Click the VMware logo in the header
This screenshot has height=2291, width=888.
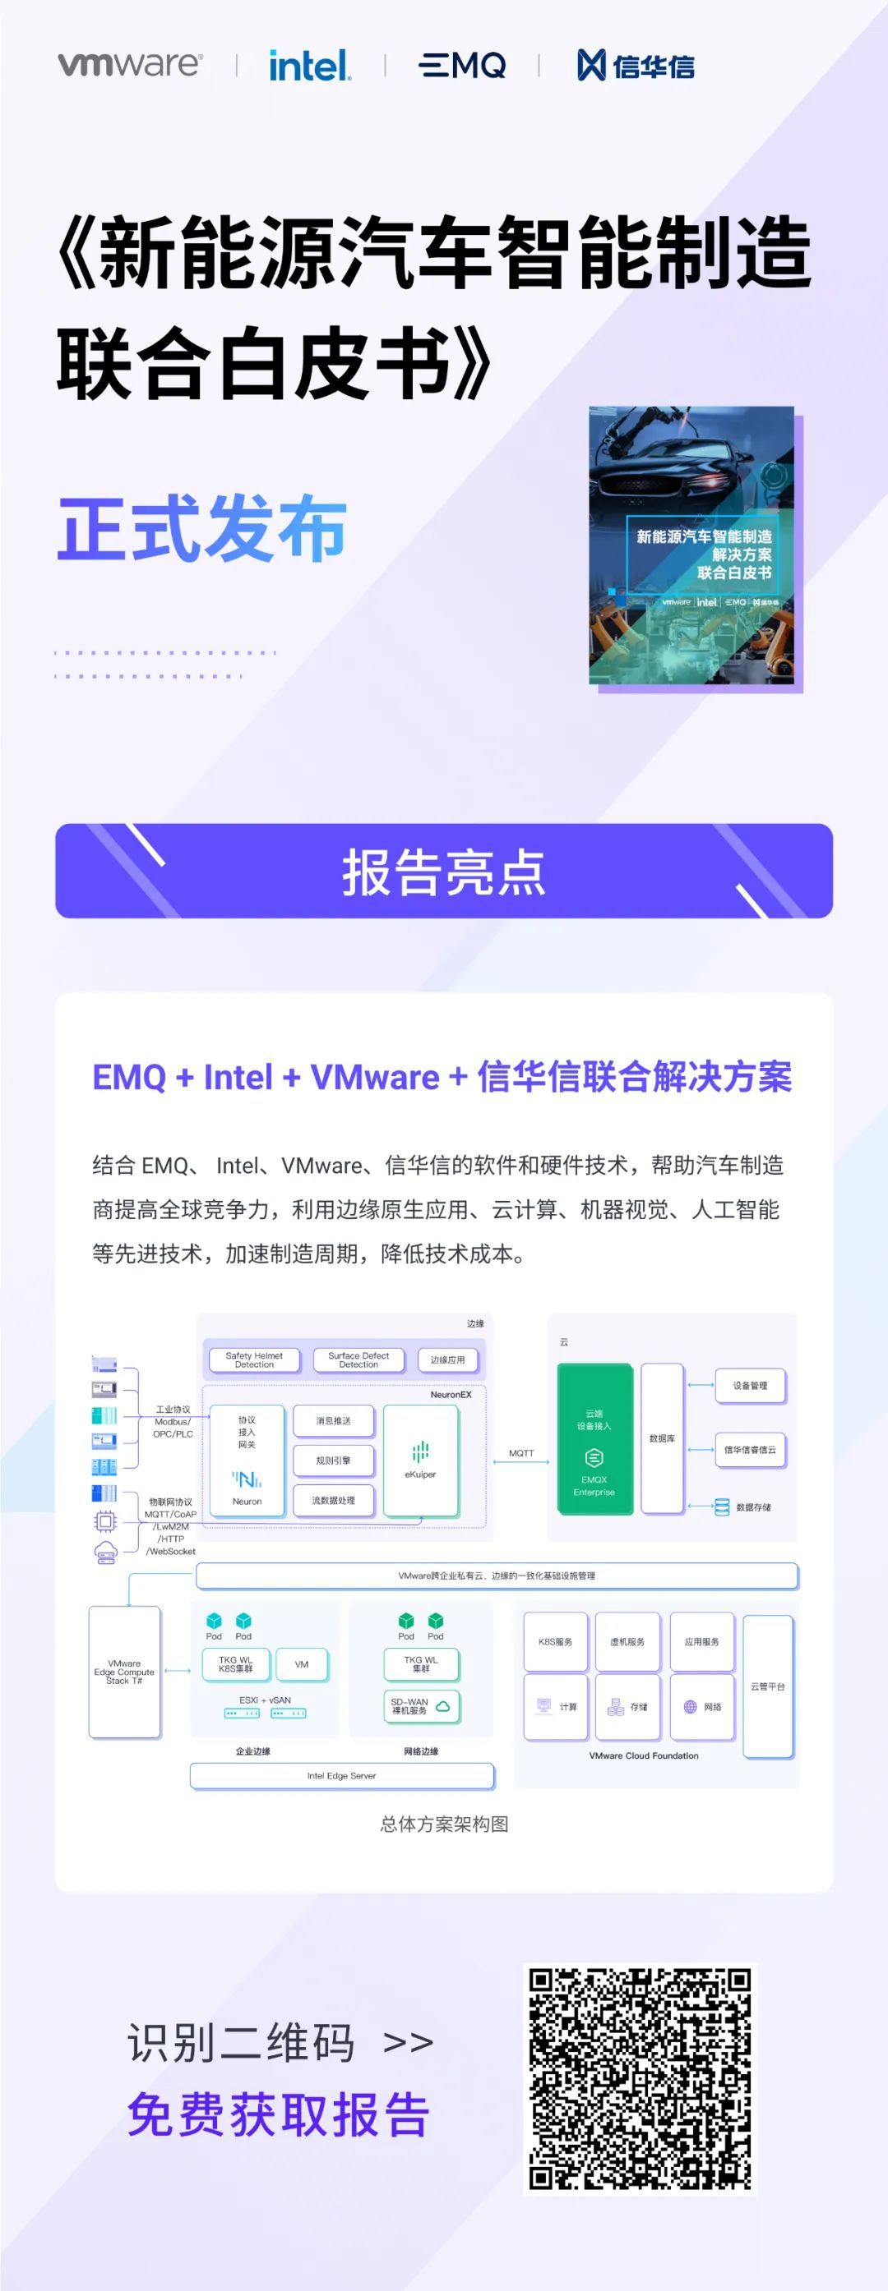tap(130, 64)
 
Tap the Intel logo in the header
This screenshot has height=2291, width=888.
tap(310, 65)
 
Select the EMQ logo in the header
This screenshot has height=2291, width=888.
tap(462, 65)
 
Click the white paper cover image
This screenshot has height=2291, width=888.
tap(692, 546)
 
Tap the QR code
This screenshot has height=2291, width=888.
tap(640, 2078)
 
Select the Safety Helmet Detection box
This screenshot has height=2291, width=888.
tap(254, 1359)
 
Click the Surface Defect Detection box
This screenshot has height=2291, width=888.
tap(358, 1359)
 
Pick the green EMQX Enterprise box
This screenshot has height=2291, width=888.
tap(594, 1438)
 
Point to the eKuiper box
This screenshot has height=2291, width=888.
tap(421, 1460)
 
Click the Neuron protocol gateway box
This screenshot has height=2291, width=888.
tap(247, 1460)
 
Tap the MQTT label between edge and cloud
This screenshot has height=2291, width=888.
tap(521, 1453)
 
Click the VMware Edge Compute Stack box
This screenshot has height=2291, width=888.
tap(125, 1672)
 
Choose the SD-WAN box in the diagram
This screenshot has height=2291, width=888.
tap(421, 1706)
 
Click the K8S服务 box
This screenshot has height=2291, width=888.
tap(555, 1642)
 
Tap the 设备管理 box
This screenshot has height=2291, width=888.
tap(750, 1386)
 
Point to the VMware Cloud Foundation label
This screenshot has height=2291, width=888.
tap(643, 1755)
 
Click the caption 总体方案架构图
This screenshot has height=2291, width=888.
tap(444, 1824)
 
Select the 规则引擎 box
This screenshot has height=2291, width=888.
tap(334, 1461)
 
